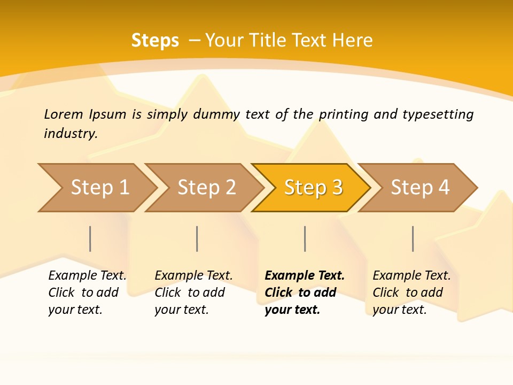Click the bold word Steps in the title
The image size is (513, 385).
[x=155, y=41]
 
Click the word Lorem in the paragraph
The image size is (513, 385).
[x=64, y=114]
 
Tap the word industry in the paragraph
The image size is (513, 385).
[x=71, y=133]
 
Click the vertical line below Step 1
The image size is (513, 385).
[x=90, y=238]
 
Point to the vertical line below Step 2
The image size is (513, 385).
[x=197, y=238]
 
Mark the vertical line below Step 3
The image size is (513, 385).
[x=305, y=238]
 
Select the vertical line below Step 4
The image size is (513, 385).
[x=413, y=238]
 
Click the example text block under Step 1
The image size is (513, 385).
[x=87, y=292]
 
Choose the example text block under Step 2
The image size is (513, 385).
[x=193, y=292]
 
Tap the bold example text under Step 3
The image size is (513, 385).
[x=305, y=292]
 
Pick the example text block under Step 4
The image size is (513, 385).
[x=411, y=292]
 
